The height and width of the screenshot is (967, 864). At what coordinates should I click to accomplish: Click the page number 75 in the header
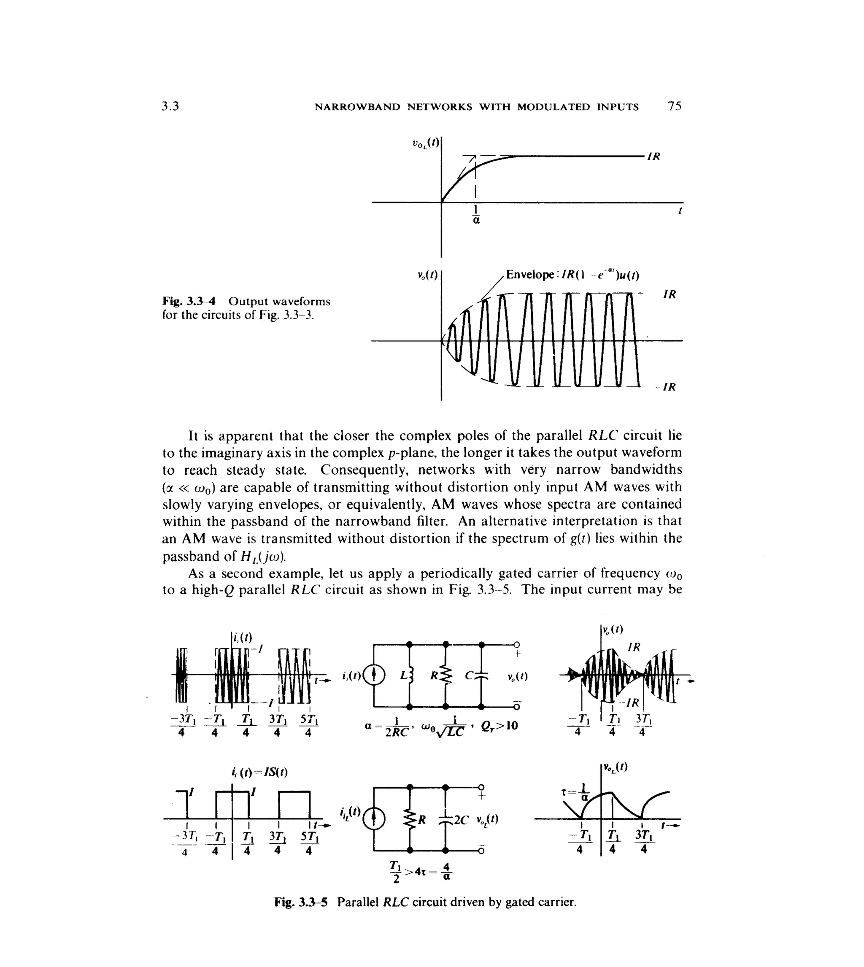674,106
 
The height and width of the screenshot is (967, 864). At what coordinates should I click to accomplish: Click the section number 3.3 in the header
170,106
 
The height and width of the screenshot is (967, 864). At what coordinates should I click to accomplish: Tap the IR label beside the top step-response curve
654,157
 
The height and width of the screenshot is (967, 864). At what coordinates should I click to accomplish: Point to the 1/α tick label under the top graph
476,215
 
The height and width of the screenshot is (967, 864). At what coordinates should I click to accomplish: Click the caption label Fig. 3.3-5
300,902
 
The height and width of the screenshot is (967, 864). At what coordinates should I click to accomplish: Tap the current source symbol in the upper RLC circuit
374,675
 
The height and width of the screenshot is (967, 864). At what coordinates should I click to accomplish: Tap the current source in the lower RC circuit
374,820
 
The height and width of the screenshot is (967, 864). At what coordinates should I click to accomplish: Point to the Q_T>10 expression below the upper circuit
499,726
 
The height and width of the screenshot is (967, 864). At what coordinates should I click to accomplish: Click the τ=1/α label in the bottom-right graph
572,792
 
